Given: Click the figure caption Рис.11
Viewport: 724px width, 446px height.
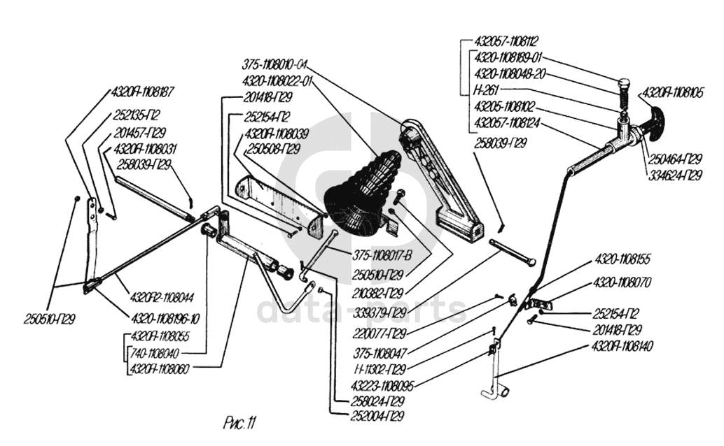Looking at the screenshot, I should pyautogui.click(x=239, y=422).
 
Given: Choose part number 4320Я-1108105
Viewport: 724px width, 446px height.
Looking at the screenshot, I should pyautogui.click(x=674, y=92).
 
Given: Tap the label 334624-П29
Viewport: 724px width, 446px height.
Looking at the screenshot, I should pyautogui.click(x=673, y=175).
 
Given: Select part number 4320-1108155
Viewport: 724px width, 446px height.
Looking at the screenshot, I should pyautogui.click(x=622, y=259).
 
